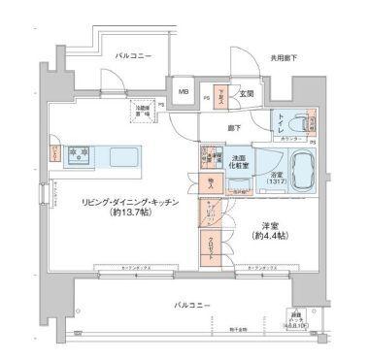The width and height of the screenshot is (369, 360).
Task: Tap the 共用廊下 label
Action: tap(285, 59)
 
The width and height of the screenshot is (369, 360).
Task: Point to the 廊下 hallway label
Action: tap(234, 126)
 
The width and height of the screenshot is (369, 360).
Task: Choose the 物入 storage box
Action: tap(210, 181)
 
